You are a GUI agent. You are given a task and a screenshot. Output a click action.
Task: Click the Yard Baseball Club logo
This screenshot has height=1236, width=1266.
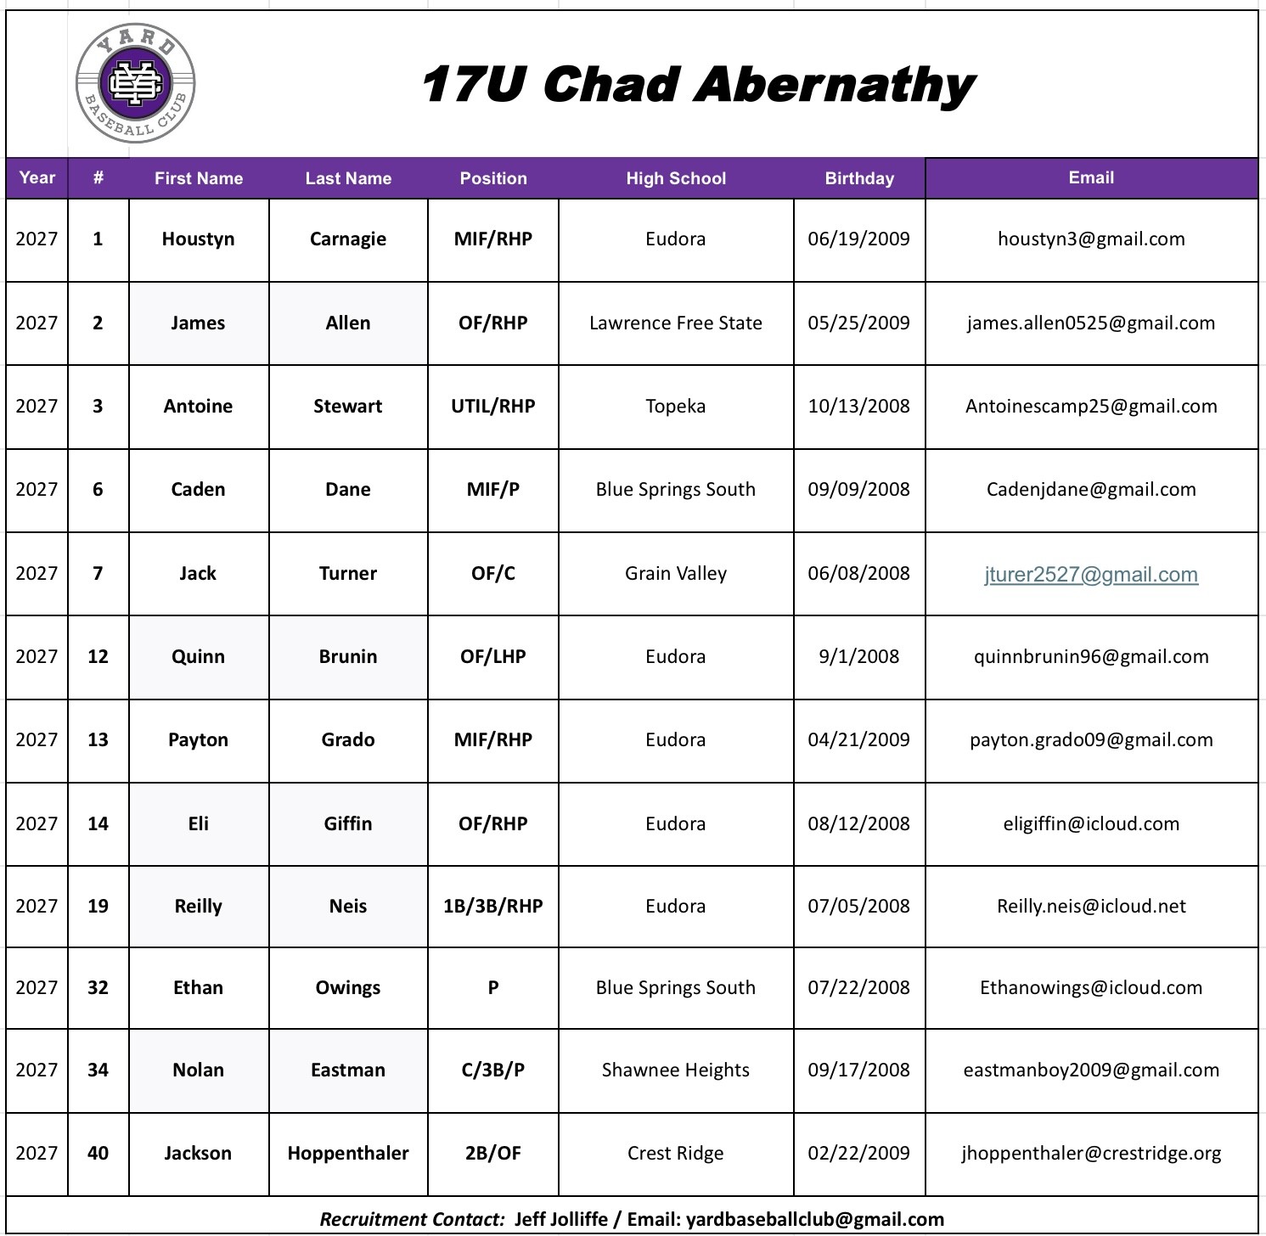coord(136,83)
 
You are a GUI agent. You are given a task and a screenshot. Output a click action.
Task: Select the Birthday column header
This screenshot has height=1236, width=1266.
coord(859,178)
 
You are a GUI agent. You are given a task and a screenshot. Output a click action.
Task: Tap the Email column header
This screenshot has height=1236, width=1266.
coord(1091,177)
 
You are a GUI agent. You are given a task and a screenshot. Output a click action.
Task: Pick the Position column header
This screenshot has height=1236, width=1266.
coord(493,178)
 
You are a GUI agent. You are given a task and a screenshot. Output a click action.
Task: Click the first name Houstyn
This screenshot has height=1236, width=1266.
coord(198,239)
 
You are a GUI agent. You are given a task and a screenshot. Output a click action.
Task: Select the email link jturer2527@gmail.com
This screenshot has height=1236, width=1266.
coord(1091,575)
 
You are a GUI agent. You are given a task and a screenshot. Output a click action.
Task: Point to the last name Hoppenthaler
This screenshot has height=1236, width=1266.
coord(348,1154)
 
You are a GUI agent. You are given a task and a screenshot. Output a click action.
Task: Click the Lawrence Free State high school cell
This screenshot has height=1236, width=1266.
coord(676,323)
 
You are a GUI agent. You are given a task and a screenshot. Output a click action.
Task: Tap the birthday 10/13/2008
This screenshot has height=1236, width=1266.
coord(858,407)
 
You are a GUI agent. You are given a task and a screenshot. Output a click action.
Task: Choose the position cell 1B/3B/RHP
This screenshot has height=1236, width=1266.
coord(493,907)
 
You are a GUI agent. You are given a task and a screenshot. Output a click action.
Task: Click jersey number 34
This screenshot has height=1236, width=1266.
coord(98,1070)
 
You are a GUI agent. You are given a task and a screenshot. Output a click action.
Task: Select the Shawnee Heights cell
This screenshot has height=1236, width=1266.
coord(676,1070)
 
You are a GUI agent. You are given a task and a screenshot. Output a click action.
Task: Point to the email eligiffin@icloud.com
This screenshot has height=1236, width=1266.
coord(1091,824)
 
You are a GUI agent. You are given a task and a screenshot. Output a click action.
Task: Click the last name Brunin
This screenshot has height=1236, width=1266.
coord(348,657)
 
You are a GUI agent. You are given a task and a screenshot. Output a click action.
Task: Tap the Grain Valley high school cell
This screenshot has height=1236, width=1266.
coord(676,574)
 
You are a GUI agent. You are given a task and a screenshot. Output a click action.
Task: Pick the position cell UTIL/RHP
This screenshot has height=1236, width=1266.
coord(493,407)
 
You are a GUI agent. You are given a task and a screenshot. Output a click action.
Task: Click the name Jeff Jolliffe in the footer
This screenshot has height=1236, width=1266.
coord(561,1220)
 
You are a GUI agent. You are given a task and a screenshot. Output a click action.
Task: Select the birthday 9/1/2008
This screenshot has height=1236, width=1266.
coord(858,657)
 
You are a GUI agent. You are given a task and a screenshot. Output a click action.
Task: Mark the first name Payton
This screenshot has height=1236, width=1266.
coord(198,740)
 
